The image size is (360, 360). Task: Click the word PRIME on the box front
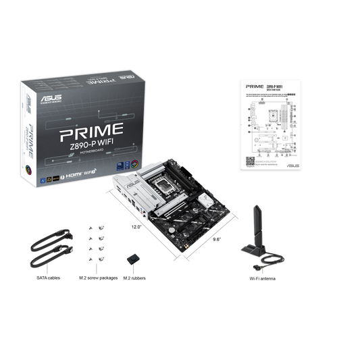(x=95, y=127)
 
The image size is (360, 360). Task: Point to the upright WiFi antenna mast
(x=256, y=223)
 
